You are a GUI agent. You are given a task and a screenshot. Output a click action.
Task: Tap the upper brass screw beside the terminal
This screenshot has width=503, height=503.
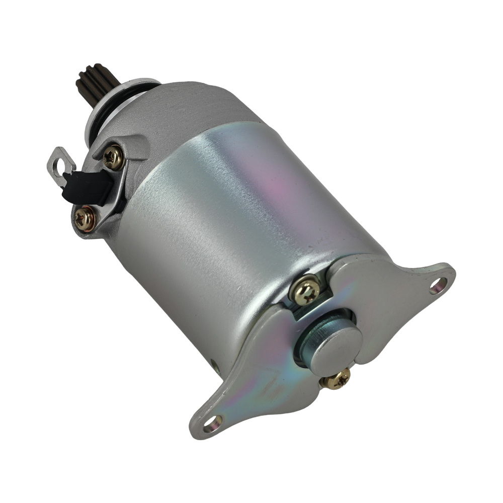[113, 157]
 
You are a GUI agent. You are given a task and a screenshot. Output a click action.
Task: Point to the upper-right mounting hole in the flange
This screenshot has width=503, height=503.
[438, 286]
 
